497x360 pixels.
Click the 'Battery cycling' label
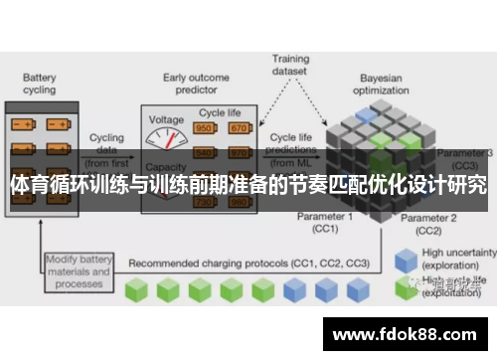point(39,84)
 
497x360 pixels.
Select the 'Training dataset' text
point(291,66)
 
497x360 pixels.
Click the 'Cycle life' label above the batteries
point(221,113)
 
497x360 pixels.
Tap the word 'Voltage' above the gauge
point(166,119)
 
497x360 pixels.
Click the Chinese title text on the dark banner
point(248,185)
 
